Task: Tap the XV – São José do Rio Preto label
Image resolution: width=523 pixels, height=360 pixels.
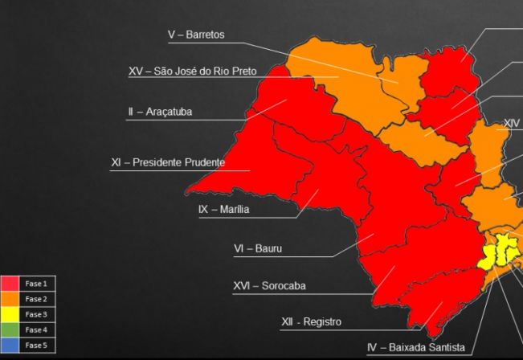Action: [192, 72]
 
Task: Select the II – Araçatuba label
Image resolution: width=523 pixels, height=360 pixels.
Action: [159, 112]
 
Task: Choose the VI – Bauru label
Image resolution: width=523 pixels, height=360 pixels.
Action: [252, 249]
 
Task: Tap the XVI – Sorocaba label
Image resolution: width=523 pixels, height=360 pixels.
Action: [269, 286]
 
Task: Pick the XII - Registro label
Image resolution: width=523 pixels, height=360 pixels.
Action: [311, 322]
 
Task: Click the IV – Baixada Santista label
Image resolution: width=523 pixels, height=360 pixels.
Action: [415, 348]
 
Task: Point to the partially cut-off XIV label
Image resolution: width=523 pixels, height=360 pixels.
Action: [512, 124]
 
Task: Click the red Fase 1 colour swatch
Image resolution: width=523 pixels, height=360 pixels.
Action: [10, 284]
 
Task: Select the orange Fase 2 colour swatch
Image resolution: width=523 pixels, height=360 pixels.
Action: [10, 299]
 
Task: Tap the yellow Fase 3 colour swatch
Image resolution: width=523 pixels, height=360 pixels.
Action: [10, 314]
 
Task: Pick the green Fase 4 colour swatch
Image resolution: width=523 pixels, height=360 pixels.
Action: [10, 329]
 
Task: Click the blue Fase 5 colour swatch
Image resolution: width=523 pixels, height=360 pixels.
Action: [10, 345]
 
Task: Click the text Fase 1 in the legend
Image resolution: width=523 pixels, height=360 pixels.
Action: [36, 284]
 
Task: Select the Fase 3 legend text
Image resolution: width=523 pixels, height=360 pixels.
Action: [36, 314]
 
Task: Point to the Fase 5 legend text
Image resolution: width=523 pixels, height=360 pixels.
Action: [36, 345]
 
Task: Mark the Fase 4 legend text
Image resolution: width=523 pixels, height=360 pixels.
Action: [36, 329]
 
